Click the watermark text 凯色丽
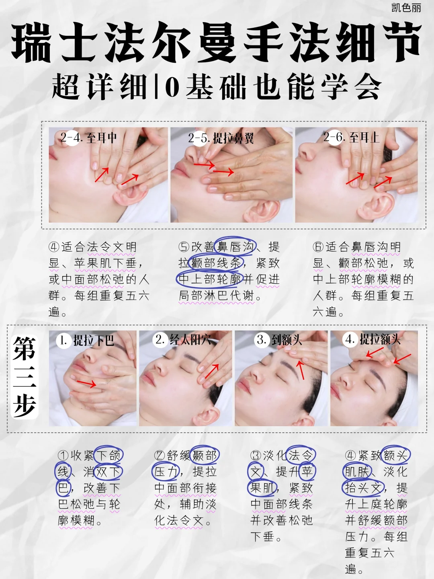(406, 8)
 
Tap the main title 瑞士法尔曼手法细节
(217, 43)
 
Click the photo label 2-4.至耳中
(89, 138)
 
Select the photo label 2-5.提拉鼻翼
(221, 138)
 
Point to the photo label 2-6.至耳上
(351, 138)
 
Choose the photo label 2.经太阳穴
(183, 340)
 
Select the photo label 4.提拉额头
(373, 339)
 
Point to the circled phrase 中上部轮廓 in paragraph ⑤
(210, 279)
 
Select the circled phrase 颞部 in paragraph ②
(205, 456)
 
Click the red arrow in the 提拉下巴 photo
(86, 383)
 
